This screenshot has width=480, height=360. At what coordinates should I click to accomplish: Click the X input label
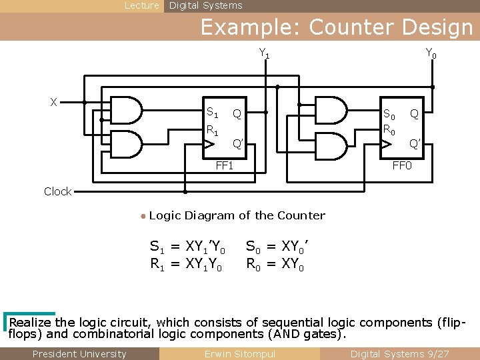point(53,102)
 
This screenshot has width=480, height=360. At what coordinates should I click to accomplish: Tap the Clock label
point(57,191)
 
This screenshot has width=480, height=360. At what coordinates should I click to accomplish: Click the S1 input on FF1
point(212,113)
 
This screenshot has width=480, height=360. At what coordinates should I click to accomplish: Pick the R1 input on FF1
point(212,131)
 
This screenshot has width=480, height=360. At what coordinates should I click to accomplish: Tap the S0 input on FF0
point(388,114)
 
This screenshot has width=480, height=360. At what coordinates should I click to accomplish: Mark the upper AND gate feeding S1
point(126,111)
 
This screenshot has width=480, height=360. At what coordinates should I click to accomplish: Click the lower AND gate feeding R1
point(126,143)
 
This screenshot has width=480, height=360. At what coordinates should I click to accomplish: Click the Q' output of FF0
point(415,143)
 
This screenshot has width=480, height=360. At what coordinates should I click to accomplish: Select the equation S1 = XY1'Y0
point(187,247)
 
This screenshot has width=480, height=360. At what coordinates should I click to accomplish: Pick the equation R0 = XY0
point(275,265)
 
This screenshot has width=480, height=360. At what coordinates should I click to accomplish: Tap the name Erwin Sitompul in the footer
point(239,354)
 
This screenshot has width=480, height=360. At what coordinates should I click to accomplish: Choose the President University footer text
point(79,354)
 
